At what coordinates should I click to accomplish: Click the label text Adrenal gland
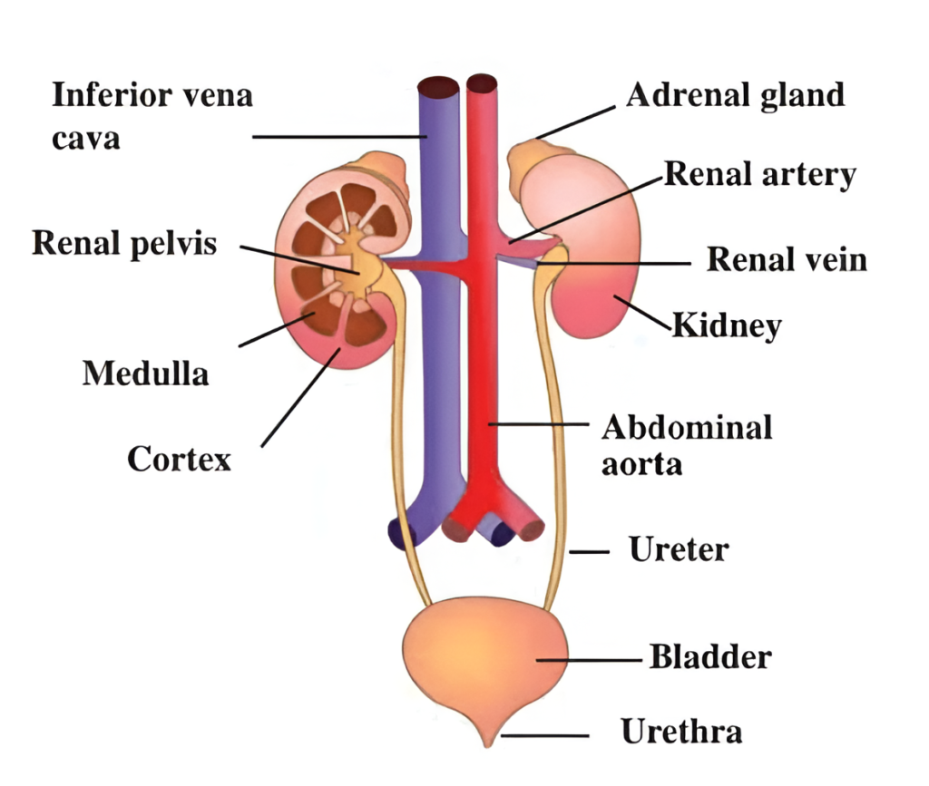click(735, 94)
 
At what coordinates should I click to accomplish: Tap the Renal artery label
click(760, 174)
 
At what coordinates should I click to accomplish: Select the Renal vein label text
click(787, 260)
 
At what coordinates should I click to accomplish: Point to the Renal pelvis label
click(124, 243)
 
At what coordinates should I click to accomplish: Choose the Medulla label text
click(145, 373)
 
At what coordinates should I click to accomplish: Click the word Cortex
click(179, 458)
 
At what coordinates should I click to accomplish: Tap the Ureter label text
click(679, 548)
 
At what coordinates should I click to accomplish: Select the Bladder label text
click(710, 656)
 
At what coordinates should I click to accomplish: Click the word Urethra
click(681, 731)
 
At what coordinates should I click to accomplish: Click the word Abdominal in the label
click(687, 426)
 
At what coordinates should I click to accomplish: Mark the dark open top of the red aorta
click(483, 85)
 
